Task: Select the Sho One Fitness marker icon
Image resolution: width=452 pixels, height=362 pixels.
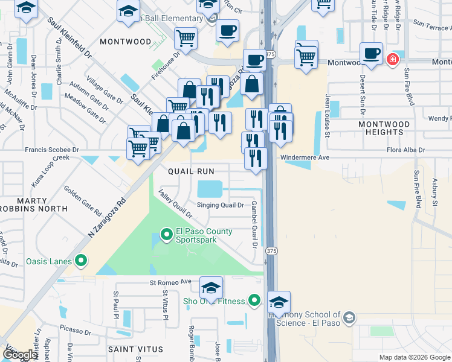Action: click(254, 300)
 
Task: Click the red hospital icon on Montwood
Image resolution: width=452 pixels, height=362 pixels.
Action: click(392, 60)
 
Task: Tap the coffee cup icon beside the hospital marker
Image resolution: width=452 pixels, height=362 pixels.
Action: click(370, 53)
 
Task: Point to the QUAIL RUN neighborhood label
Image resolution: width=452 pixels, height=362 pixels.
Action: click(192, 171)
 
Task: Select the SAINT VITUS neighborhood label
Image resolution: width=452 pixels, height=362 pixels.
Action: click(135, 349)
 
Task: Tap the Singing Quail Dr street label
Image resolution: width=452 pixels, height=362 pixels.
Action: click(220, 205)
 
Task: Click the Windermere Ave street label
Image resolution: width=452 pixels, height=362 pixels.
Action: click(304, 157)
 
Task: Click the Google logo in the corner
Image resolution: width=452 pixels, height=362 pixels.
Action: click(20, 355)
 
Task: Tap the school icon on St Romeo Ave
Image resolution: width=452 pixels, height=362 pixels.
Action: click(211, 287)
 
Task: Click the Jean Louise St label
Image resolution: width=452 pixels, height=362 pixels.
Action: click(327, 115)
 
